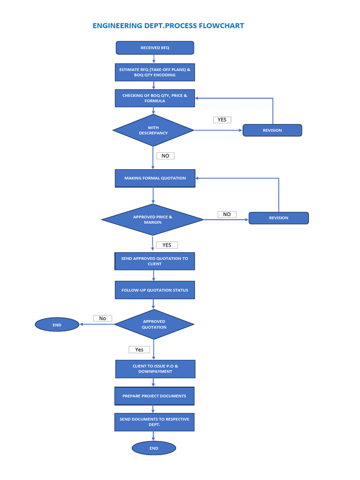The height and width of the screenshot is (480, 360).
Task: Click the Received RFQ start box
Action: [155, 48]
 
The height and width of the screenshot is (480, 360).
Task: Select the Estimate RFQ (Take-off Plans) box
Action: [155, 72]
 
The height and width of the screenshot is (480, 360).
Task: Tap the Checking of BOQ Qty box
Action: [155, 98]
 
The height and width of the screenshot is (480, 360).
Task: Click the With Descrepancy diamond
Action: [153, 130]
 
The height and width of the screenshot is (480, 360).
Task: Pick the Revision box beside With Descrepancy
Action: [272, 130]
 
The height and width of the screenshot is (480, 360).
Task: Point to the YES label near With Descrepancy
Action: [222, 120]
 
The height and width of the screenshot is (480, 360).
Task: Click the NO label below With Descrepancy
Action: [165, 156]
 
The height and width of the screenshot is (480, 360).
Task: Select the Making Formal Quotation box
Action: [155, 178]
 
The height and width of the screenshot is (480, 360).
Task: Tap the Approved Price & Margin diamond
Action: [152, 219]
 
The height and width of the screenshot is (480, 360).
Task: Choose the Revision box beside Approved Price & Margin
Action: [278, 218]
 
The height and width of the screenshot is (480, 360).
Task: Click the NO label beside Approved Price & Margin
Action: [227, 214]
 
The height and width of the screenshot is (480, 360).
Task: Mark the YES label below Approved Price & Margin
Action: [167, 245]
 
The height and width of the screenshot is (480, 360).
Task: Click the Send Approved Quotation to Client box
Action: [155, 261]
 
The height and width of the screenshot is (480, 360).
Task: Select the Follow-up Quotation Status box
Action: [155, 290]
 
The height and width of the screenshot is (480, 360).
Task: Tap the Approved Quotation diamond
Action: [154, 324]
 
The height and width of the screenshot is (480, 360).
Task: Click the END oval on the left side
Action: [57, 324]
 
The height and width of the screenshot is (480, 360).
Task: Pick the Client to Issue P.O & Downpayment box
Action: [155, 368]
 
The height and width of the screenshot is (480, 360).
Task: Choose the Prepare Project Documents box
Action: [154, 396]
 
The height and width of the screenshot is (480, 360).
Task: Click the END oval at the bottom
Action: [154, 448]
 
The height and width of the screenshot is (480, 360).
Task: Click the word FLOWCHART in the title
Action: [221, 26]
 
